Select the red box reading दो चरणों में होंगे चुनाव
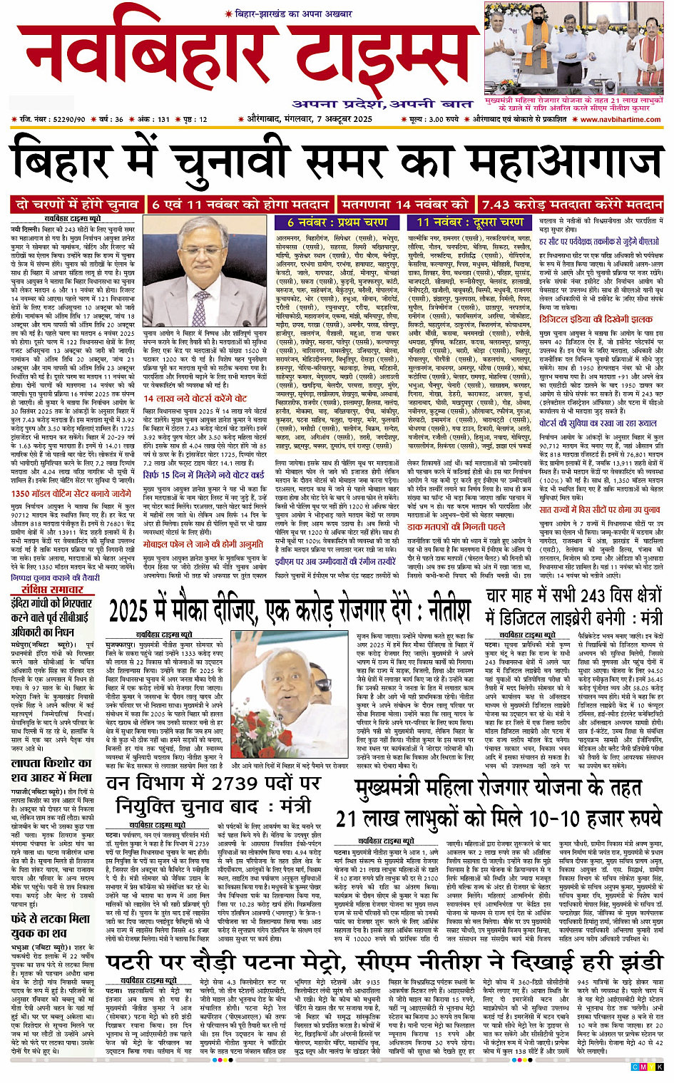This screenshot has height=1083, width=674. [78, 205]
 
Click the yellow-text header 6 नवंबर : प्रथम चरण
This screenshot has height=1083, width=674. [337, 222]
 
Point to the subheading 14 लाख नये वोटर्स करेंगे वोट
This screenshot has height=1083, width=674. [195, 399]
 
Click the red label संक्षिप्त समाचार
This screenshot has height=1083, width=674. [53, 590]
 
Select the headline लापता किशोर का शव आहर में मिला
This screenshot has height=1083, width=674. [51, 769]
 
